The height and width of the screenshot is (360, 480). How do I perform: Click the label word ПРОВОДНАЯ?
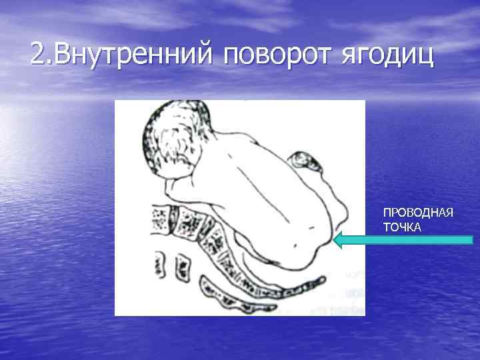click(x=418, y=213)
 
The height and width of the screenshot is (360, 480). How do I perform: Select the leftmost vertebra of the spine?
click(x=159, y=216)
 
